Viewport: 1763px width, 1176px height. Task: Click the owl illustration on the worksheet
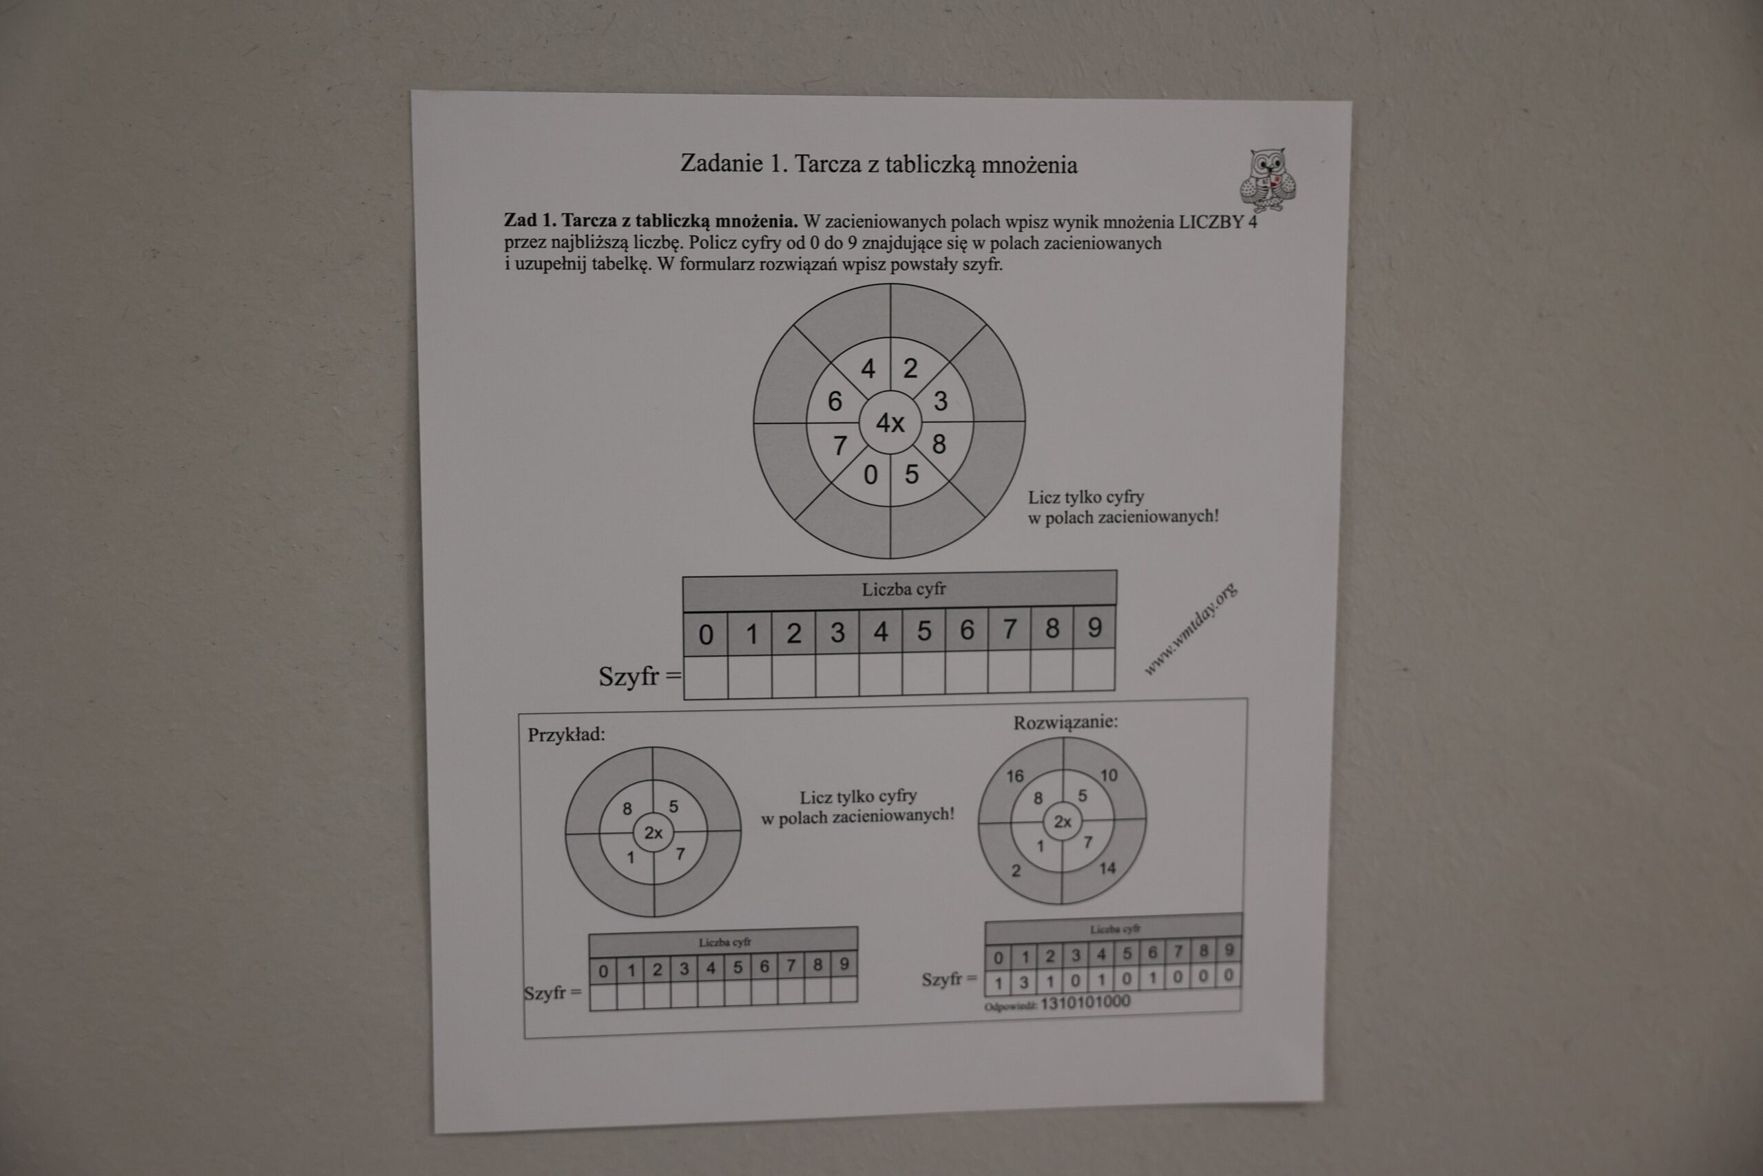(1268, 179)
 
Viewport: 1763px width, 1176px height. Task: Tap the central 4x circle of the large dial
(890, 423)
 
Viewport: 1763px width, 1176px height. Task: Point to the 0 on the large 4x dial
(870, 475)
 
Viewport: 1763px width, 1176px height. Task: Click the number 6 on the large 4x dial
(834, 401)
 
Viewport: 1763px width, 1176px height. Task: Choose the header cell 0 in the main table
(705, 635)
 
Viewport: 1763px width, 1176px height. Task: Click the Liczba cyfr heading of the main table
(904, 590)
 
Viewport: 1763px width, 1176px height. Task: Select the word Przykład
(566, 734)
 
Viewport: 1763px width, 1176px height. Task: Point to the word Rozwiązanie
(1065, 722)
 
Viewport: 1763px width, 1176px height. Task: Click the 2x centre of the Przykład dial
(653, 832)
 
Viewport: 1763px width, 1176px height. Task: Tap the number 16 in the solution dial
(1015, 776)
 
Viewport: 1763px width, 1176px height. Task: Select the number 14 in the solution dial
(1107, 869)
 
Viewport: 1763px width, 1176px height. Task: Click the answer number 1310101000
(1085, 1002)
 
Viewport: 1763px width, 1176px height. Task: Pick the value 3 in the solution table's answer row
(1024, 982)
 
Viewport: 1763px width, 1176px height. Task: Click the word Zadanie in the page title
(721, 163)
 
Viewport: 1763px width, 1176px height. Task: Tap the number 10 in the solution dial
(1109, 775)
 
